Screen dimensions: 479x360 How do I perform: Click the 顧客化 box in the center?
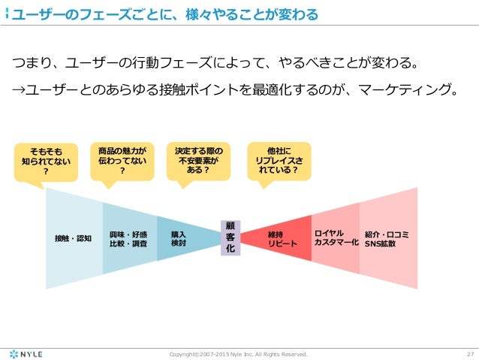coord(230,237)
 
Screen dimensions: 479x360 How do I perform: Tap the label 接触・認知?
coord(73,238)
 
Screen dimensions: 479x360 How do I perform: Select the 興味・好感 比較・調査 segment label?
coord(128,238)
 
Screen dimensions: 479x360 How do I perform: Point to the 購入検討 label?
coord(179,238)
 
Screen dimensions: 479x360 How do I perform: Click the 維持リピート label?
coord(282,238)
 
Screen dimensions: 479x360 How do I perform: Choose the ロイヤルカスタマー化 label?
coord(336,238)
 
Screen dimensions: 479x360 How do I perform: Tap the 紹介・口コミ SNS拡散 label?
coord(387,238)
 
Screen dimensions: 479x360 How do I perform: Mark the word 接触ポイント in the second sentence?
coord(209,91)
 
